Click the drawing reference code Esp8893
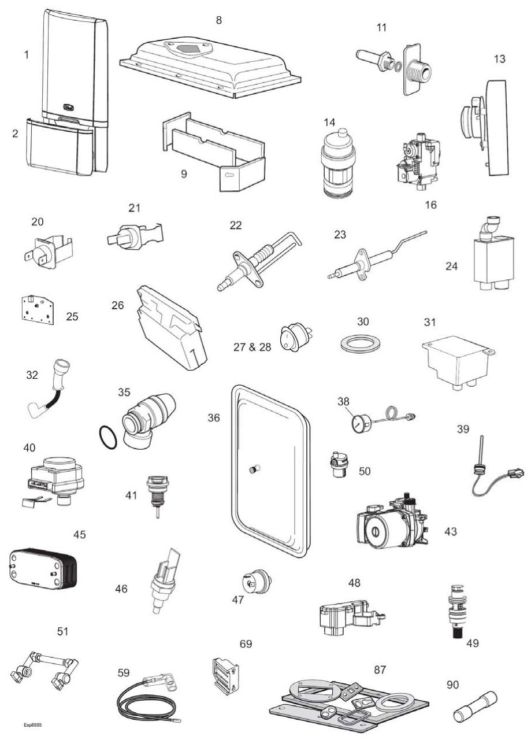tap(32, 724)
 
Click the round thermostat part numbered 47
tap(256, 580)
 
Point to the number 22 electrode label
tap(235, 225)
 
